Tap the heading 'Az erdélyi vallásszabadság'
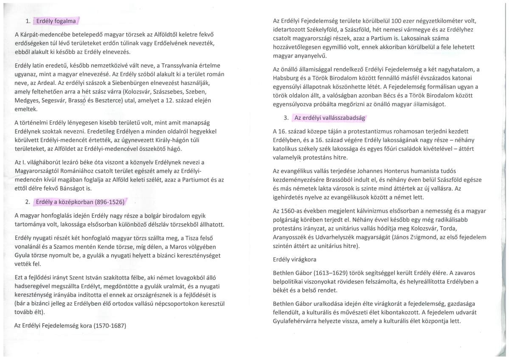(329, 118)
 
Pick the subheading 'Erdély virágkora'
(294, 259)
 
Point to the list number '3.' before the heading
(286, 118)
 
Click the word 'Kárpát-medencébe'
(45, 34)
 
